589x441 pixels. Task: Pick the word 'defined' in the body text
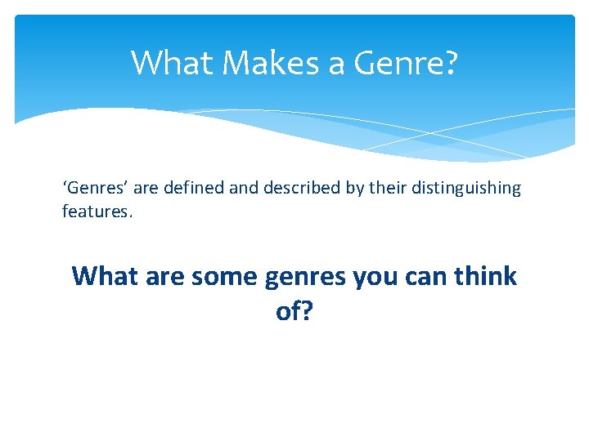pos(193,188)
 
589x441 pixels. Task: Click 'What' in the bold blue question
pos(104,276)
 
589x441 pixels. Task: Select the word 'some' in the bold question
pos(225,277)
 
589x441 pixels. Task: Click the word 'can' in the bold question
pos(427,277)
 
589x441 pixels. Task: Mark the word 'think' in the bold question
pos(488,276)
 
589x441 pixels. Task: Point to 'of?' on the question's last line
pos(294,311)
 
